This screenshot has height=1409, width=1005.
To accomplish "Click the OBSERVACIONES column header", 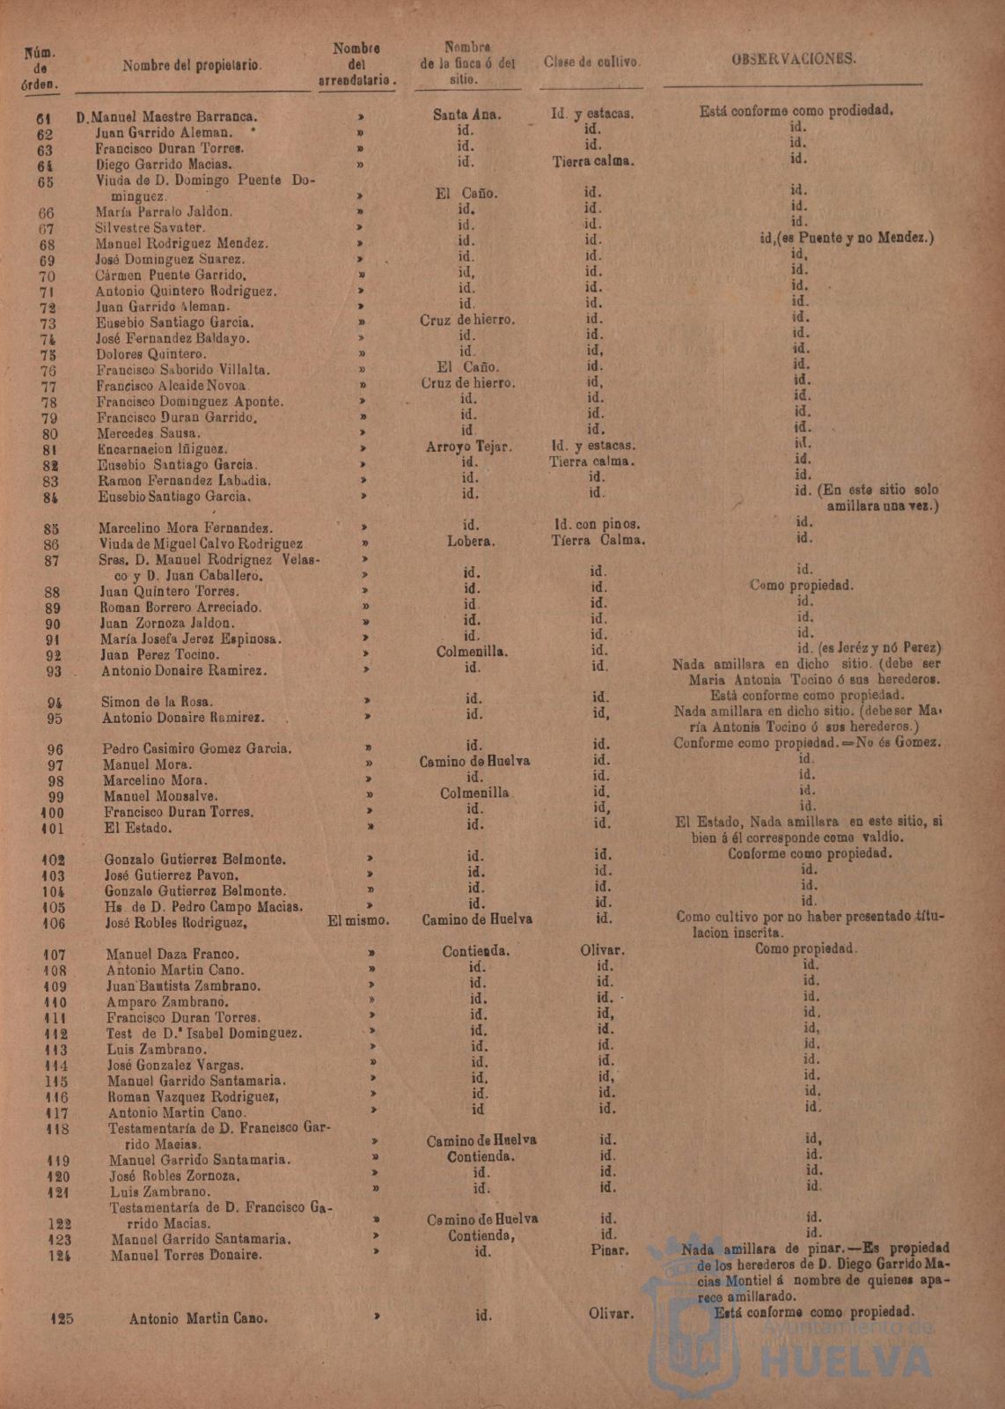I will [x=794, y=59].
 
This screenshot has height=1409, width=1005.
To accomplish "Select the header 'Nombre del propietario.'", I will [x=192, y=66].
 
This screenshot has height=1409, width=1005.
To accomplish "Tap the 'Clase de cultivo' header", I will [x=591, y=63].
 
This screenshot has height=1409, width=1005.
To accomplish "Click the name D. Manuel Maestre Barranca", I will [x=167, y=116].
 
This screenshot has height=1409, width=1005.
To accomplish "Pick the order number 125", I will [x=62, y=1318].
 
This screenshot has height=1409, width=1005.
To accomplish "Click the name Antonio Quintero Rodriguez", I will [x=187, y=291].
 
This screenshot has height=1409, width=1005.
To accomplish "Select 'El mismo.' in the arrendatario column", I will [x=358, y=920].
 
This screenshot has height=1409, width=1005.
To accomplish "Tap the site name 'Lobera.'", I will [x=471, y=542].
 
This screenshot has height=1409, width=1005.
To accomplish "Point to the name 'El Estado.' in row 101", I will [x=138, y=829].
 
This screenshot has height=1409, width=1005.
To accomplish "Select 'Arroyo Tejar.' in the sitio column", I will [x=469, y=446].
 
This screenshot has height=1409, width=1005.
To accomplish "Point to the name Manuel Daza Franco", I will [x=172, y=954].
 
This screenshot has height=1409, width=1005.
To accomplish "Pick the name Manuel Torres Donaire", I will [x=187, y=1255].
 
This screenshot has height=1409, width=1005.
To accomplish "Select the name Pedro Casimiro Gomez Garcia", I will [x=197, y=749].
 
